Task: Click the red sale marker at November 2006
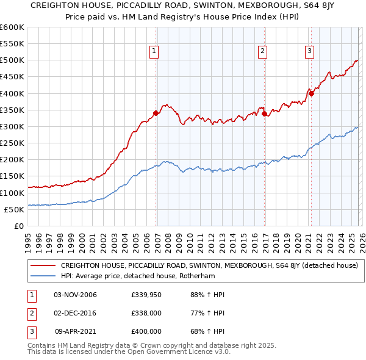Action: (x=156, y=113)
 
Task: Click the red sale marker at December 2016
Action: (x=264, y=113)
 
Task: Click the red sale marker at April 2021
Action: (x=311, y=93)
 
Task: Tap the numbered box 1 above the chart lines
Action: (x=154, y=52)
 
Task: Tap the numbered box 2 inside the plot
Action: (x=262, y=52)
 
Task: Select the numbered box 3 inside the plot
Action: (x=309, y=52)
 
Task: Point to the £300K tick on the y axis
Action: (x=12, y=126)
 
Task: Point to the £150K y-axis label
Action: (x=12, y=176)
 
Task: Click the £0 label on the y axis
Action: (x=18, y=226)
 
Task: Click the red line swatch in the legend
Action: (x=43, y=265)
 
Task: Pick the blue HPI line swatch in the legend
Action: (x=43, y=276)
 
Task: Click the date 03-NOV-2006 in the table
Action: (x=75, y=295)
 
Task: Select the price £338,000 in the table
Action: (x=146, y=313)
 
